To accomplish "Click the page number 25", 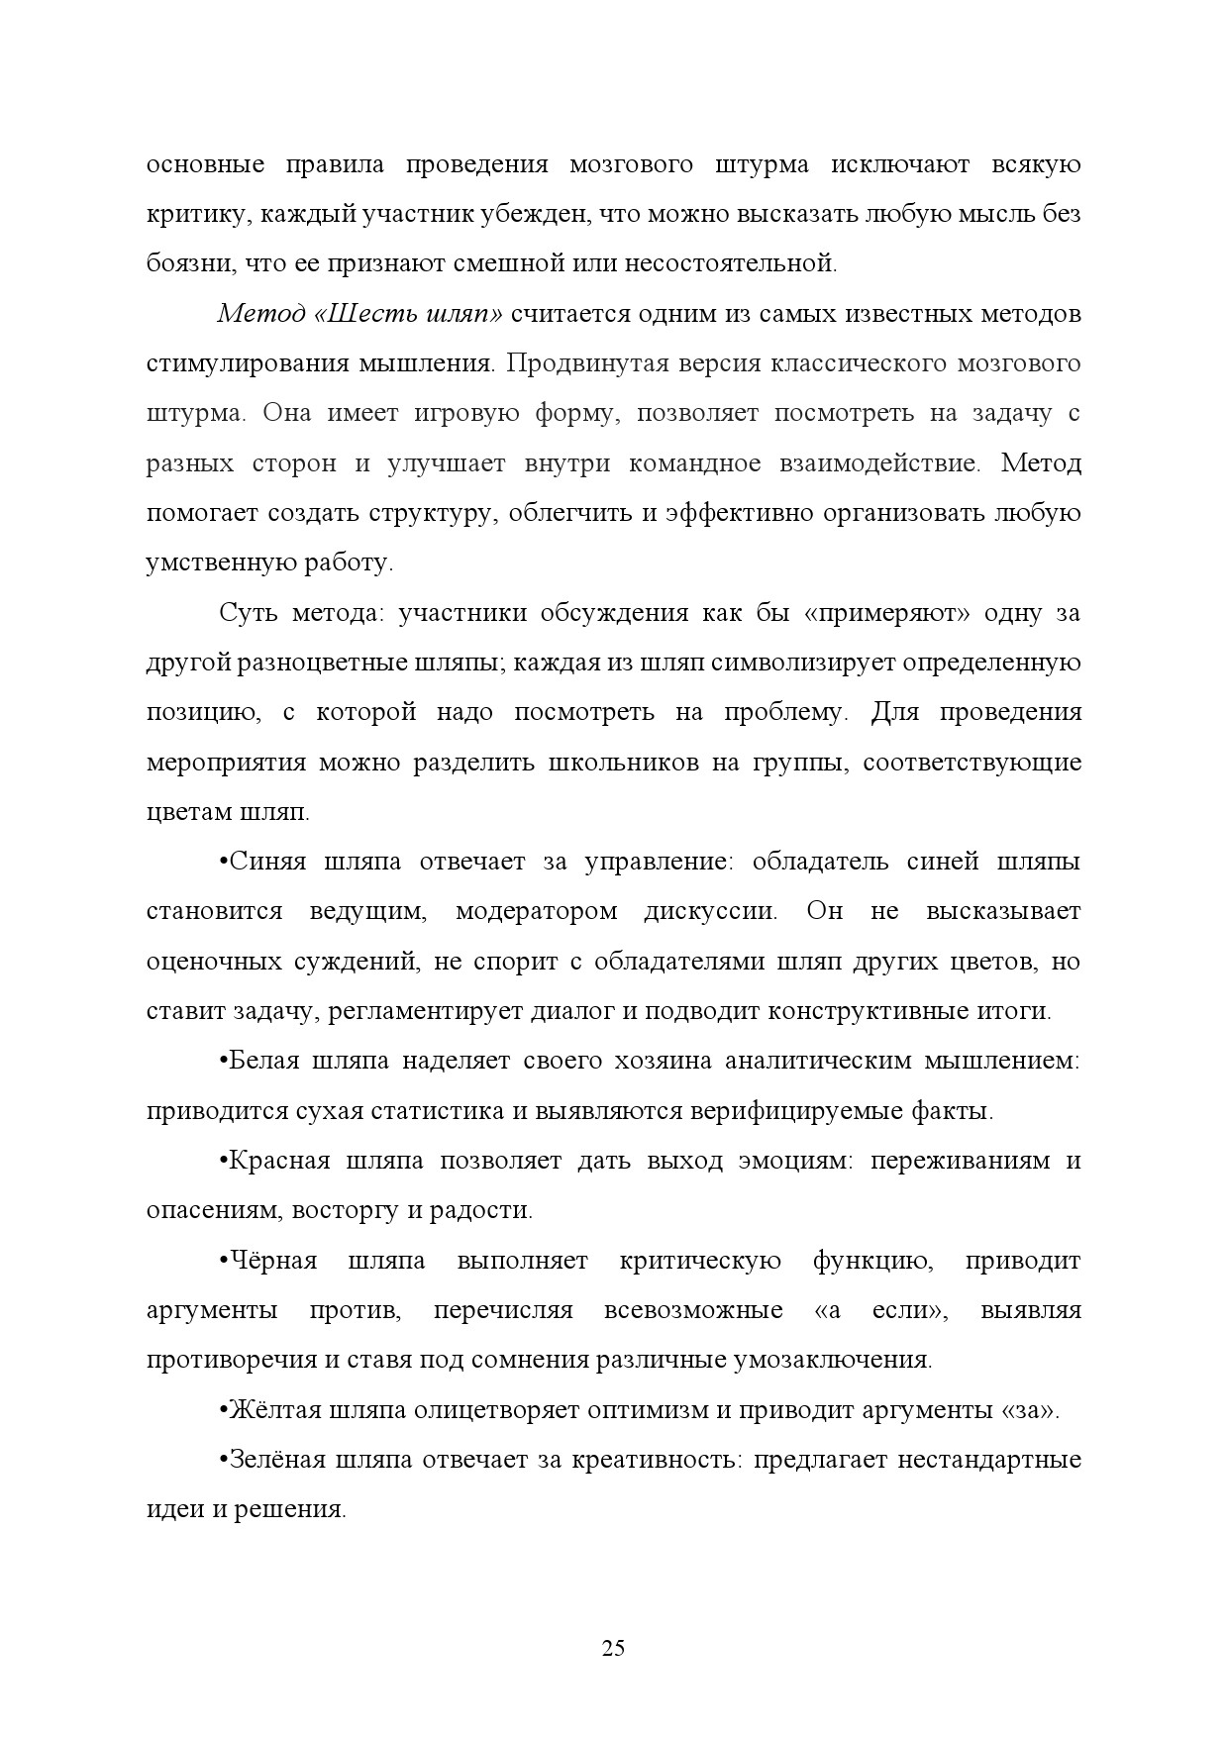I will [613, 1649].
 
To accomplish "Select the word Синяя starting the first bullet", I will [264, 862].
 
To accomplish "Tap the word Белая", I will [262, 1061].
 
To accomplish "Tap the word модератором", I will [536, 911].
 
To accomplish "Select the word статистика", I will [437, 1111].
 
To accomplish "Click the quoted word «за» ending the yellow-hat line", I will [1030, 1410].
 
